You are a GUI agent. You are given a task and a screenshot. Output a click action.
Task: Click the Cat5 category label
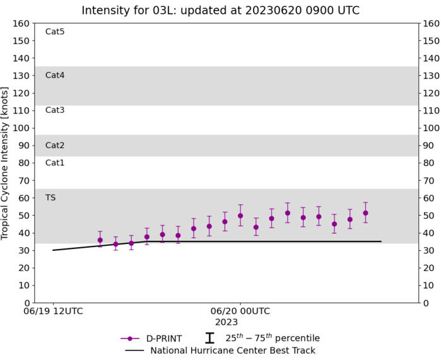pyautogui.click(x=55, y=32)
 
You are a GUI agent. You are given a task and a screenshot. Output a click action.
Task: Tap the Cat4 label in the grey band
pyautogui.click(x=55, y=75)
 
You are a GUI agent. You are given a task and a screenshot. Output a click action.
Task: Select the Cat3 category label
pyautogui.click(x=55, y=110)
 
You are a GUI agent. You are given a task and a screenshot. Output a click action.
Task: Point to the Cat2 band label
pyautogui.click(x=55, y=145)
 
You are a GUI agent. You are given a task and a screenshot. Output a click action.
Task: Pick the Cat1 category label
pyautogui.click(x=55, y=163)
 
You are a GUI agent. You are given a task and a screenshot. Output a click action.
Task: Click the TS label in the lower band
pyautogui.click(x=50, y=197)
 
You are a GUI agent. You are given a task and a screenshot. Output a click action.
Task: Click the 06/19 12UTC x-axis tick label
pyautogui.click(x=53, y=311)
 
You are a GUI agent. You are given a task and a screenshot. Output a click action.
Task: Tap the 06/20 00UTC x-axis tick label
pyautogui.click(x=240, y=311)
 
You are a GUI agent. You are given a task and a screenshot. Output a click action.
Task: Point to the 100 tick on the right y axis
pyautogui.click(x=431, y=128)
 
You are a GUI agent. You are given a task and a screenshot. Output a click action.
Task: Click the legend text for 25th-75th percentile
pyautogui.click(x=273, y=338)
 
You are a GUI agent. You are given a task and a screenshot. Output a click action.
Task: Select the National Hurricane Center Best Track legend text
pyautogui.click(x=233, y=351)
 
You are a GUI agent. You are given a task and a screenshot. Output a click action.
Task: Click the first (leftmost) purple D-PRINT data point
pyautogui.click(x=100, y=240)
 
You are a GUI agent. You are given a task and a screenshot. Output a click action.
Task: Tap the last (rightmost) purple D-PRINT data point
pyautogui.click(x=365, y=213)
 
